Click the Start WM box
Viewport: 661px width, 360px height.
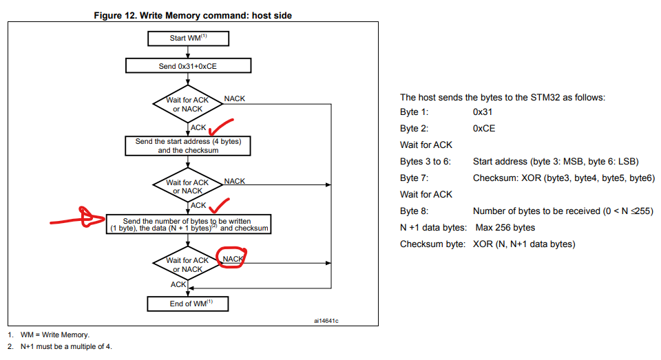188,38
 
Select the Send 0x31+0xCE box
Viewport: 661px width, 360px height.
188,66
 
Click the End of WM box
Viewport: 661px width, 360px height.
188,303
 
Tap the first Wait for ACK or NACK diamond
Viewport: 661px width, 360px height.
187,105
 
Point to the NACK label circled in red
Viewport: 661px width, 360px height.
233,259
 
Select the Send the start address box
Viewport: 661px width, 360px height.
188,145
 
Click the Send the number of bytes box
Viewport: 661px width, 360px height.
188,224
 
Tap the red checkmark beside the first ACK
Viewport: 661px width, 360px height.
220,126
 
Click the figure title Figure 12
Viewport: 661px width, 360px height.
192,15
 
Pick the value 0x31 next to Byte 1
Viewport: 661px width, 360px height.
483,112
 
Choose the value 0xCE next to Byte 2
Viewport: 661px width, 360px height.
484,128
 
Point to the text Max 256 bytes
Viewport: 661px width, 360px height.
505,227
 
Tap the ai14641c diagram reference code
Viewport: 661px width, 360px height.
326,321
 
